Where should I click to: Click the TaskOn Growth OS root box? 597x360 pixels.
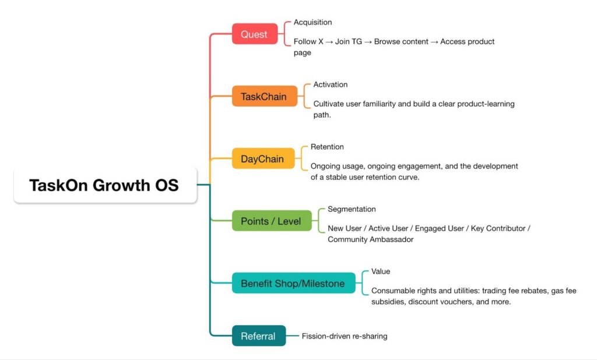coord(105,185)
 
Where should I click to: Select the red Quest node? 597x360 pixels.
coord(254,34)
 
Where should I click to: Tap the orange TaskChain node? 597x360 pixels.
coord(264,96)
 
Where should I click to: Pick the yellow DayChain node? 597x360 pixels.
coord(262,158)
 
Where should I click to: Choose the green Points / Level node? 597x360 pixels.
coord(271,221)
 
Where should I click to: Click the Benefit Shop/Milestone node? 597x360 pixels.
coord(293,284)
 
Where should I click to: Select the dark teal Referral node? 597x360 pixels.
coord(258,336)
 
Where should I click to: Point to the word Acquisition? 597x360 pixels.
coord(312,22)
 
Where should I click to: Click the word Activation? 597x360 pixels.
coord(331,84)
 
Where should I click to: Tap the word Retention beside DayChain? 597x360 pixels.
coord(327,147)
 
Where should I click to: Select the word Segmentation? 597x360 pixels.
coord(352,209)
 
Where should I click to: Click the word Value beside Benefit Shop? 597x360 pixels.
coord(381,271)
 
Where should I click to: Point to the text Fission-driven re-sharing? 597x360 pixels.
coord(345,336)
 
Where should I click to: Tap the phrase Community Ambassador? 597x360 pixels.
coord(370,239)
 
